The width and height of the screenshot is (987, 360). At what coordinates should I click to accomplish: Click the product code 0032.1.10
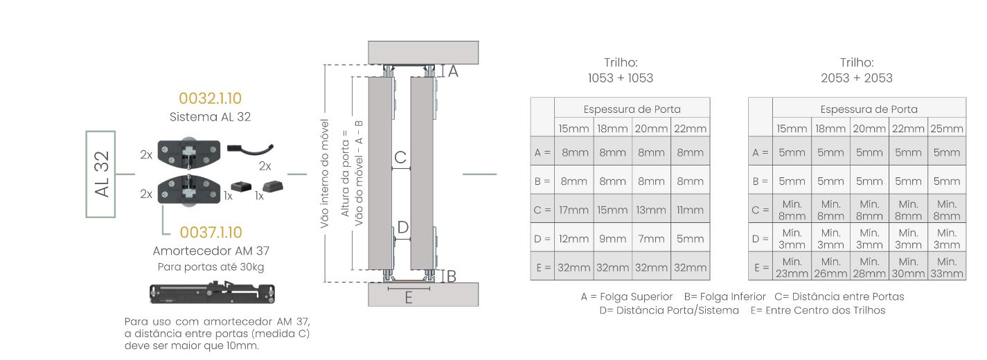(210, 98)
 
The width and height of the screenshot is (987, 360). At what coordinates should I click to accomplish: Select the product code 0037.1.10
(211, 232)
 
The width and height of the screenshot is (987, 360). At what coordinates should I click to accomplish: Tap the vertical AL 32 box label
(101, 174)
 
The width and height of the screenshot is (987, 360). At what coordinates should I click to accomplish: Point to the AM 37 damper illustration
(212, 293)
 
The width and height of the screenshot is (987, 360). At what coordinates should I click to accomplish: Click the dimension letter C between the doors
(400, 157)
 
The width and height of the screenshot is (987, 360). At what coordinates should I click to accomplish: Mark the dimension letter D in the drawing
(402, 227)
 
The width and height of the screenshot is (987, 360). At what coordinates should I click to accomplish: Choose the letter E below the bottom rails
(409, 298)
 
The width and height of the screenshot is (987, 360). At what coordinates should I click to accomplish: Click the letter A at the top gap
(453, 71)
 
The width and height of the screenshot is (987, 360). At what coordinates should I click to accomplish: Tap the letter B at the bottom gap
(451, 276)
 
